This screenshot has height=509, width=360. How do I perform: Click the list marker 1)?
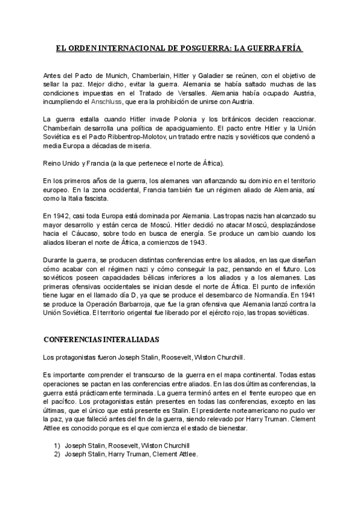(x=58, y=445)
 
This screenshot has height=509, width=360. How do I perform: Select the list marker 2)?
(x=58, y=454)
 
